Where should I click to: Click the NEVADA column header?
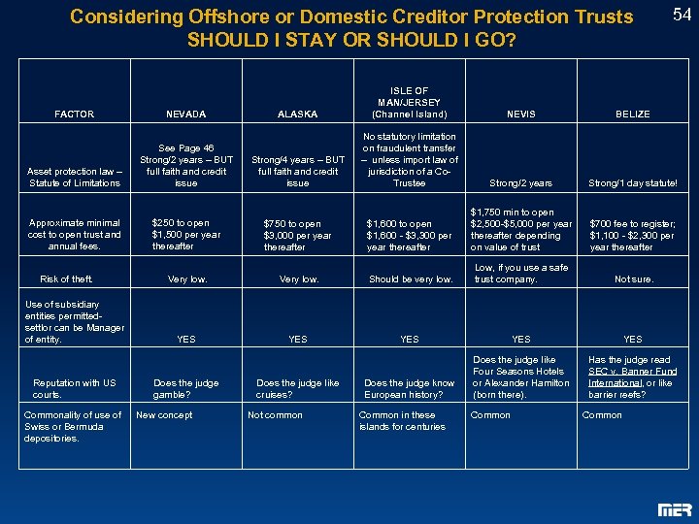pyautogui.click(x=185, y=115)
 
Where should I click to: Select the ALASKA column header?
pyautogui.click(x=297, y=115)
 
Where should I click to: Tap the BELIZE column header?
pyautogui.click(x=632, y=115)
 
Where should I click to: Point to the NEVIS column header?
pyautogui.click(x=520, y=115)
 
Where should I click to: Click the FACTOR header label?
pyautogui.click(x=75, y=115)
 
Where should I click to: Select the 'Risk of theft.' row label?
pyautogui.click(x=66, y=279)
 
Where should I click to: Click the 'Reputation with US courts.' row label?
pyautogui.click(x=74, y=388)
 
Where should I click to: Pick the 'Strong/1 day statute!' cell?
pyautogui.click(x=632, y=182)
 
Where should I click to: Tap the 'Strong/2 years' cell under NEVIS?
pyautogui.click(x=520, y=182)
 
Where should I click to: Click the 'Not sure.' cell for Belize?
pyautogui.click(x=633, y=279)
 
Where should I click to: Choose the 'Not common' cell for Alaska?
pyautogui.click(x=276, y=415)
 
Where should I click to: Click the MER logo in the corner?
pyautogui.click(x=674, y=508)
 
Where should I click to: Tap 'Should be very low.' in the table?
pyautogui.click(x=410, y=279)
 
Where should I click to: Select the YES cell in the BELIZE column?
pyautogui.click(x=632, y=340)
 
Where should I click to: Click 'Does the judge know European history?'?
pyautogui.click(x=409, y=388)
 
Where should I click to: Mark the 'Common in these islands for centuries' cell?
pyautogui.click(x=402, y=421)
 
